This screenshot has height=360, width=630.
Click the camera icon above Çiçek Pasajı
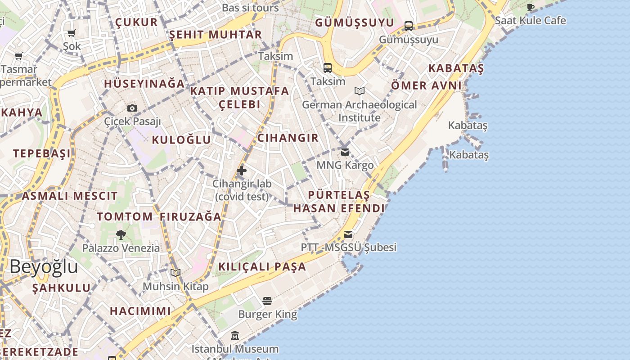132,108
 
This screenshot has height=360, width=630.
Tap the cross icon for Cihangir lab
242,171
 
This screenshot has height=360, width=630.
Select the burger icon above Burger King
267,301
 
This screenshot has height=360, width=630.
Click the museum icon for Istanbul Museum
235,336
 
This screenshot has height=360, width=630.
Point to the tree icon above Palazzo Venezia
121,234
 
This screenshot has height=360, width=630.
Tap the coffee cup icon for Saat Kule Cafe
531,7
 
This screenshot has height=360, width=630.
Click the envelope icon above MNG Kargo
345,152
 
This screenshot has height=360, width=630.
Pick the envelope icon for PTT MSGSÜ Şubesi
348,234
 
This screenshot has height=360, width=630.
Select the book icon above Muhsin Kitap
175,273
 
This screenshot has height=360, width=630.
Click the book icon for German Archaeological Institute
359,91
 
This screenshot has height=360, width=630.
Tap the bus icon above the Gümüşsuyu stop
409,26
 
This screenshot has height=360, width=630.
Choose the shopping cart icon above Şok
71,33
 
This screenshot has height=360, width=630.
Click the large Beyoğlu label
44,266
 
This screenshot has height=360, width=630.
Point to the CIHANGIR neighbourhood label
288,138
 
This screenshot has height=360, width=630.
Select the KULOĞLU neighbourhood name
181,139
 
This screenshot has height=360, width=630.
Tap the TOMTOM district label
125,216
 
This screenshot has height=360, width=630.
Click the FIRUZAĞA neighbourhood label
190,216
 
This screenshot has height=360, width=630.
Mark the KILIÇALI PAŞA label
262,266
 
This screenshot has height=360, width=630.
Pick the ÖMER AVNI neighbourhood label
426,85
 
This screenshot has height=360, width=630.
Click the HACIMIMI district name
140,310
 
